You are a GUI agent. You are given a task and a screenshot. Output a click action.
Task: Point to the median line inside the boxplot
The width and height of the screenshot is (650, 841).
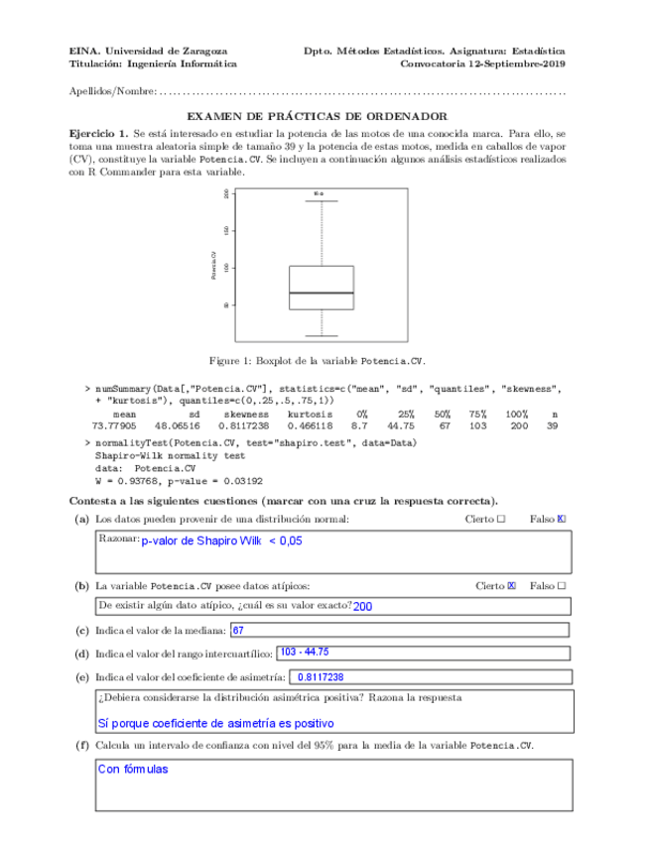(322, 294)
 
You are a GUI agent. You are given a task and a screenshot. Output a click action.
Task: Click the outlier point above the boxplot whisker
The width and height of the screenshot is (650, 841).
(322, 193)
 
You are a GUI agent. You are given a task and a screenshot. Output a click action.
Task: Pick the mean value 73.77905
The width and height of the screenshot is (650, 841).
(114, 424)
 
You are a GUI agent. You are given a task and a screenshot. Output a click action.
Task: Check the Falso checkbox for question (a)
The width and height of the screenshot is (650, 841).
(562, 519)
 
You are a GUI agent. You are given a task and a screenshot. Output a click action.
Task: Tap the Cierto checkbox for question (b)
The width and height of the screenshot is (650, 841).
(512, 586)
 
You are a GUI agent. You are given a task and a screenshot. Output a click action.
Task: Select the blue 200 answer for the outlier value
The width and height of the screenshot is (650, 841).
(363, 607)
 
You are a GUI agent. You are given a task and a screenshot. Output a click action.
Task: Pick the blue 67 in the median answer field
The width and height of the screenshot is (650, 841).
(238, 630)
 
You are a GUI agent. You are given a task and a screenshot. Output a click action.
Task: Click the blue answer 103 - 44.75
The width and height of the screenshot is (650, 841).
(305, 653)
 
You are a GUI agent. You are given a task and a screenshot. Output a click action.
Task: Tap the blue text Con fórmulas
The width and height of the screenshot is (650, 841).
(133, 769)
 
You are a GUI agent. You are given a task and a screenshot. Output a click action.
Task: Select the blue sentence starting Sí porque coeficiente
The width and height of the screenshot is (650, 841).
(216, 724)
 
